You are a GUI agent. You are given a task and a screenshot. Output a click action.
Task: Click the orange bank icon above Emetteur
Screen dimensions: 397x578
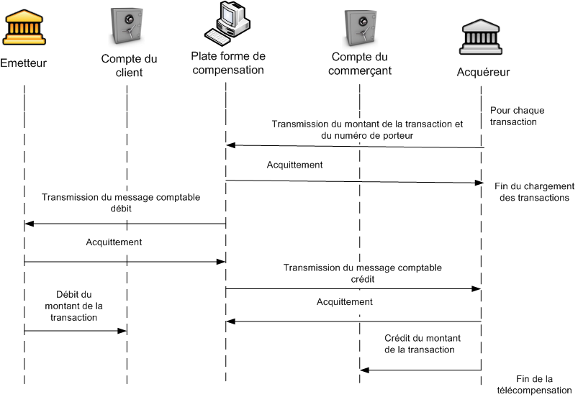pos(23,27)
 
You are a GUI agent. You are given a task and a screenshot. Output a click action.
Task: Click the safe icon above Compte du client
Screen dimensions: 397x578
pos(128,29)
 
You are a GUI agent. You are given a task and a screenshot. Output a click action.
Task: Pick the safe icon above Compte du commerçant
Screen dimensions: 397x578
pos(361,29)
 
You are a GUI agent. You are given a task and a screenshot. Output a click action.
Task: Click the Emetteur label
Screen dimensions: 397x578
pos(24,63)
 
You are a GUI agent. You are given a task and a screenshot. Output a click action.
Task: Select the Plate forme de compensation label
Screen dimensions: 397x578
pos(227,63)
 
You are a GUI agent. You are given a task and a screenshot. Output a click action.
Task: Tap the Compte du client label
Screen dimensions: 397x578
pos(129,65)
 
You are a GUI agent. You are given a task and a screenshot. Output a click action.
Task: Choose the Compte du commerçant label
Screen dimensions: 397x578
pos(361,64)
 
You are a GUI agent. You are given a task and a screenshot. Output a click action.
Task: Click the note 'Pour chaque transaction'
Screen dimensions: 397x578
pos(518,117)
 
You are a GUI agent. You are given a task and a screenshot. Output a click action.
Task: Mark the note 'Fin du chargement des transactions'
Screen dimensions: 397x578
pos(533,191)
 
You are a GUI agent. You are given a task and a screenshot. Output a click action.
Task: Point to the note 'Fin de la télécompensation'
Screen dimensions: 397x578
pos(534,385)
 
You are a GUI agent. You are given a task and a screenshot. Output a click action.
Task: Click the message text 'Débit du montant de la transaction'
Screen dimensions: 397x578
pos(75,306)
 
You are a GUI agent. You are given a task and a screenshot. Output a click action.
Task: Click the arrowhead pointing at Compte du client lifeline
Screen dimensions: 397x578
pos(123,331)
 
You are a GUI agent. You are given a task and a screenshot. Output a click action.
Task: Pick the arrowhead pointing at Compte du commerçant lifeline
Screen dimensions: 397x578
pos(364,370)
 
